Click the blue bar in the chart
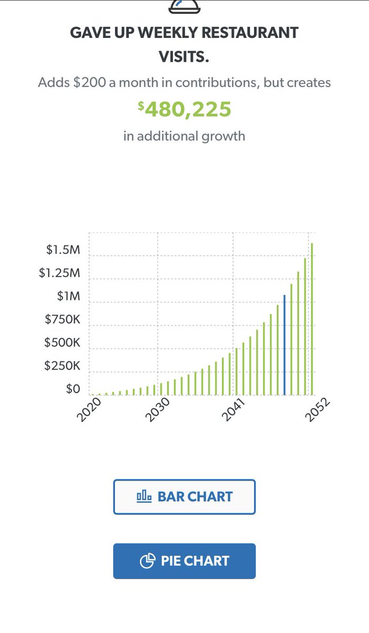click(285, 345)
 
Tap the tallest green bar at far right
click(312, 319)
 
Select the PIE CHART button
click(184, 561)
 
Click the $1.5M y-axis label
click(63, 250)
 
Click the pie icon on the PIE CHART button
click(147, 561)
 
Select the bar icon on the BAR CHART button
click(144, 496)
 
